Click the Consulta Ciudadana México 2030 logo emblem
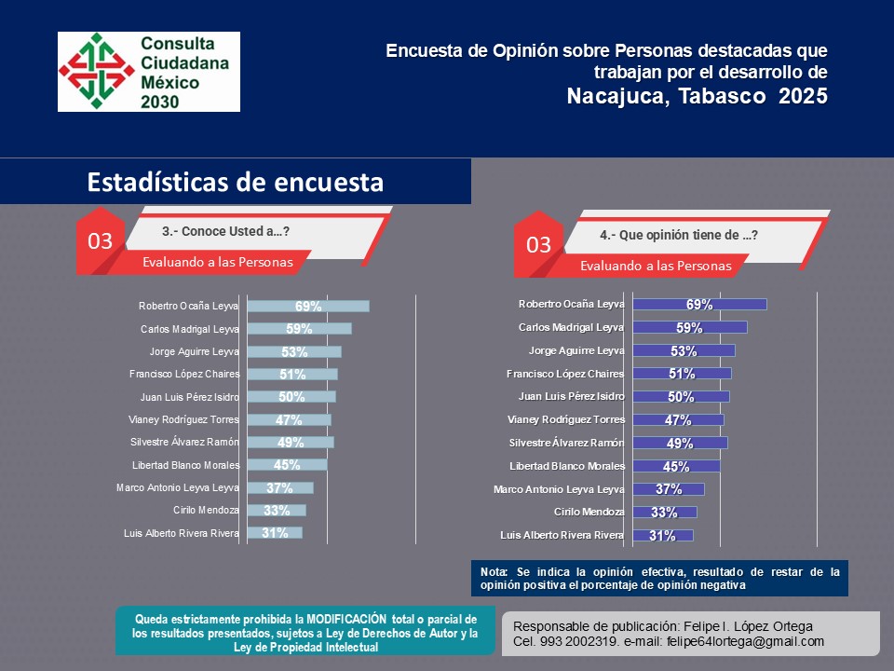(x=96, y=71)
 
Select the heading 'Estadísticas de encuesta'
(x=235, y=182)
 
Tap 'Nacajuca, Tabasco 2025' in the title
(x=697, y=96)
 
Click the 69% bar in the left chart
(x=308, y=307)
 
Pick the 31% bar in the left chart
(x=275, y=533)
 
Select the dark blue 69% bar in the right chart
(x=699, y=305)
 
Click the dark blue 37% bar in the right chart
(x=669, y=489)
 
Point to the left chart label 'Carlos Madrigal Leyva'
(x=190, y=329)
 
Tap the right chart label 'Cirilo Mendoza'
(x=589, y=512)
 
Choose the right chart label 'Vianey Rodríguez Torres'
(x=566, y=419)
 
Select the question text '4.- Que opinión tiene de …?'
(x=678, y=236)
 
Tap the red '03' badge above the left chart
(x=100, y=241)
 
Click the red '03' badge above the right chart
(x=538, y=245)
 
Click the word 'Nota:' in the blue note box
(x=494, y=571)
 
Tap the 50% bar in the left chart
(x=291, y=397)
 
